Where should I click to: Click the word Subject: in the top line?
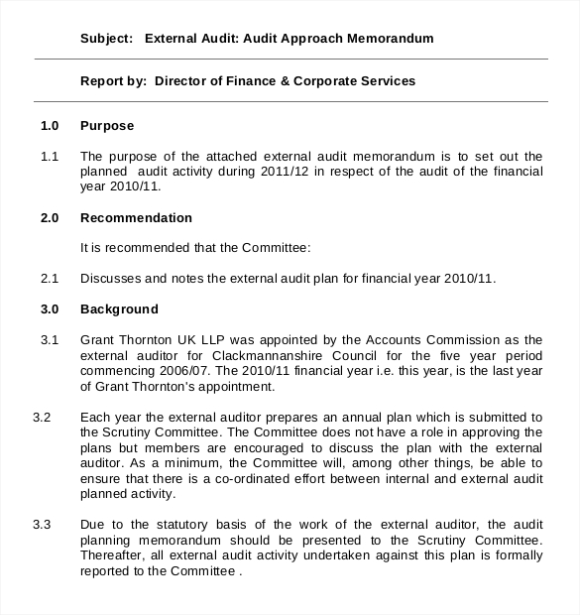click(106, 39)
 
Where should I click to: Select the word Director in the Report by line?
click(181, 80)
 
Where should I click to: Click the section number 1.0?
click(50, 126)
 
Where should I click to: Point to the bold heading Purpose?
click(106, 126)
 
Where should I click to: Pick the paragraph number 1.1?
click(50, 156)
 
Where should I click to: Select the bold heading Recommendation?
click(136, 217)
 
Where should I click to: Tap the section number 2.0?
click(50, 217)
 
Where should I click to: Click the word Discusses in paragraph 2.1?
click(110, 279)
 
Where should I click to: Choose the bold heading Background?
click(119, 309)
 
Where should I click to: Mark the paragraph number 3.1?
click(50, 340)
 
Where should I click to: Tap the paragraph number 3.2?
click(42, 417)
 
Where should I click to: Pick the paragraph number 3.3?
click(42, 524)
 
